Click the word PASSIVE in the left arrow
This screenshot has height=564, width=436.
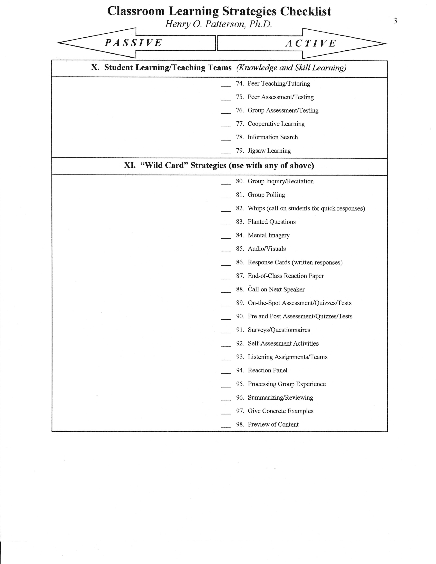click(133, 43)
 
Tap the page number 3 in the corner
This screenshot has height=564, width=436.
click(395, 21)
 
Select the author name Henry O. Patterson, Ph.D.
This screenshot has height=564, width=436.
click(219, 24)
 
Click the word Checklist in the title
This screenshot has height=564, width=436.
click(306, 11)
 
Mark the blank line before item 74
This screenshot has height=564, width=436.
click(226, 85)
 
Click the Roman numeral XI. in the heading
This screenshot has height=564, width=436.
click(130, 165)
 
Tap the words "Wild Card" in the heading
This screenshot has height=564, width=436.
click(164, 165)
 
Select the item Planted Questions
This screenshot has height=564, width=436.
click(272, 221)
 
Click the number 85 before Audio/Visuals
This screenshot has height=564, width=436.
click(240, 249)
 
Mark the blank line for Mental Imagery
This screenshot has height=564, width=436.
click(226, 237)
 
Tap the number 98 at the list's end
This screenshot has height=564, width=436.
click(240, 424)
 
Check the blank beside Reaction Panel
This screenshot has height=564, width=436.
click(226, 372)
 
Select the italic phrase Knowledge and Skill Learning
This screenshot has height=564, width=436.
click(291, 68)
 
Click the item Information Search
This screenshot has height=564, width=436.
click(273, 137)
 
